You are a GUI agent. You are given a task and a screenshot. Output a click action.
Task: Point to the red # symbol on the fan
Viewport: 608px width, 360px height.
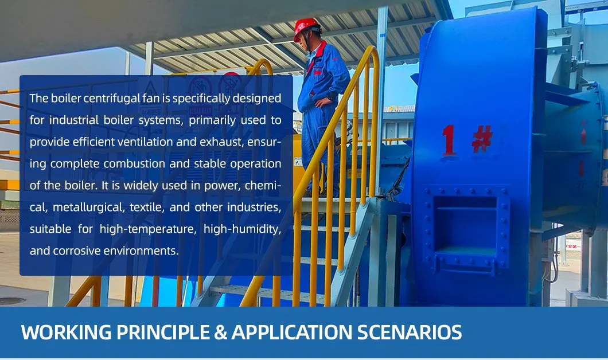coord(482,139)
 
